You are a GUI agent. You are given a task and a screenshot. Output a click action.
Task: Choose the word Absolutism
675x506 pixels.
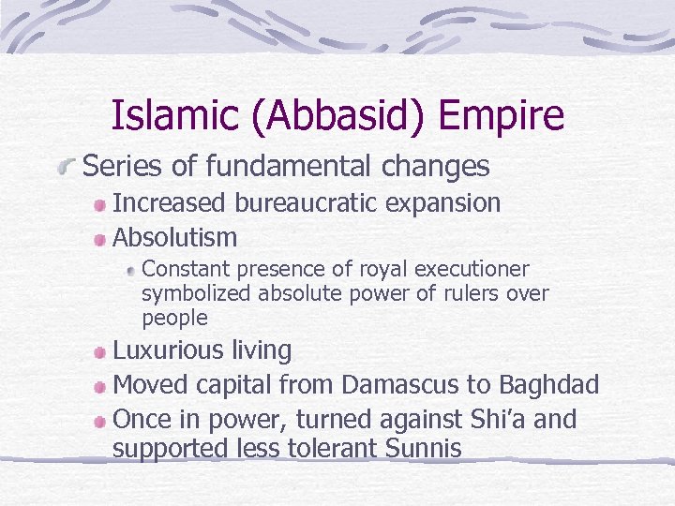(174, 237)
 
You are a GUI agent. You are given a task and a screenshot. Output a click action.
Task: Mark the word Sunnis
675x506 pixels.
(423, 449)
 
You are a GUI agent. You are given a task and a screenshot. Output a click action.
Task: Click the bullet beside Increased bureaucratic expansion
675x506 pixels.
(99, 205)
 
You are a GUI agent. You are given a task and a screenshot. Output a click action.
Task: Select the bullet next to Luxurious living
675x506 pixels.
(99, 353)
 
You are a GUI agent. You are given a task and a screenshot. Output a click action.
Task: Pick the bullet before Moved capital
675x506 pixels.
(99, 387)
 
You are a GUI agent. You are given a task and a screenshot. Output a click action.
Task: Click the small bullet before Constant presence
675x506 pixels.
(131, 271)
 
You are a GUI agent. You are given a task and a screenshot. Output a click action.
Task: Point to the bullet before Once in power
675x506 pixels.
(99, 421)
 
